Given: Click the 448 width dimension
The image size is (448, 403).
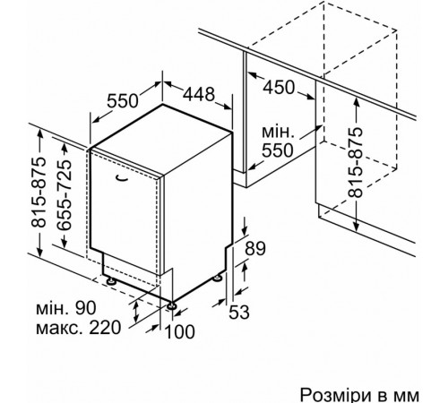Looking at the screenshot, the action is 199,94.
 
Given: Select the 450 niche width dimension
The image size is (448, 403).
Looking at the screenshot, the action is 279,88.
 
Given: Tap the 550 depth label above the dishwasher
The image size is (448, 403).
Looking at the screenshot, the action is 123,100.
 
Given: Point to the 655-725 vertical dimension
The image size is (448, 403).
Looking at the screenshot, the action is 65,195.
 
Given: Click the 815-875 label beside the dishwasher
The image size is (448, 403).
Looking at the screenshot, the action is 39,193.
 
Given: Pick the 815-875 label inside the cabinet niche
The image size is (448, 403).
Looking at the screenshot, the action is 355,162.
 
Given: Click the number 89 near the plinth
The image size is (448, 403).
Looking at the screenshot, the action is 255,248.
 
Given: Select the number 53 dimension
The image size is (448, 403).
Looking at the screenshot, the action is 239,313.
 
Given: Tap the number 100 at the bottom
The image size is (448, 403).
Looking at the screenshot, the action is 179,331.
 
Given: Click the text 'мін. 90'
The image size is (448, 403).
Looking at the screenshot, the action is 66,308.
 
